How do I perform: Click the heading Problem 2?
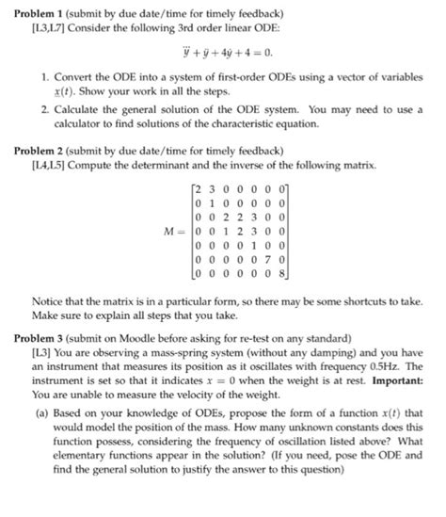click(x=42, y=151)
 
